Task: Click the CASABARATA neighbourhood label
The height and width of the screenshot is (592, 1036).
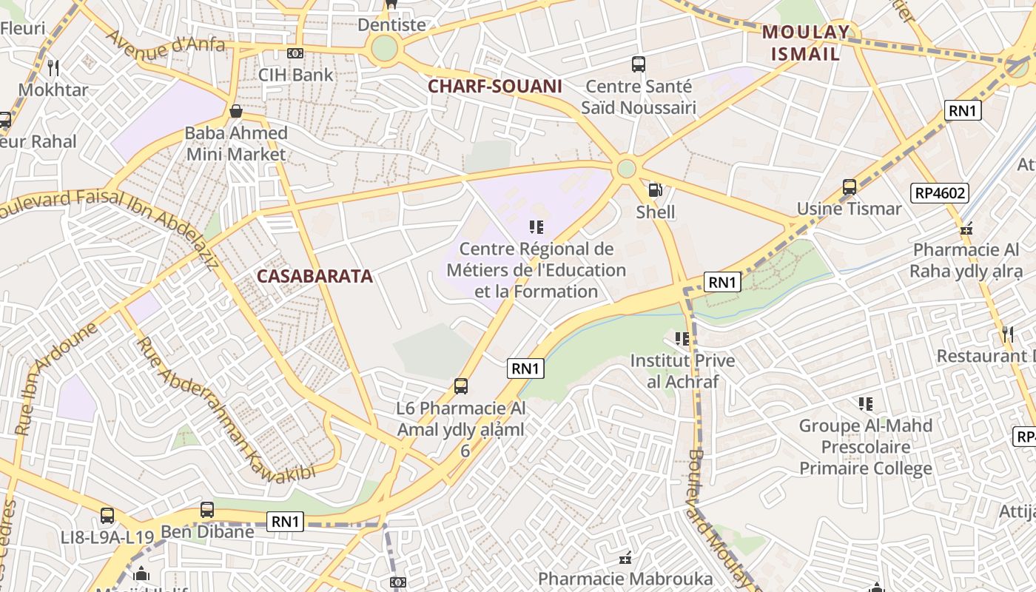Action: pos(314,277)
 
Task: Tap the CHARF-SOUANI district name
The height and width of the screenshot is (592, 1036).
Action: pos(495,87)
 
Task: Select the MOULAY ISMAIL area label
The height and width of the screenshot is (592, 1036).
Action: pos(806,43)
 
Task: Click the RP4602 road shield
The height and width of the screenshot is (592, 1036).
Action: pos(941,194)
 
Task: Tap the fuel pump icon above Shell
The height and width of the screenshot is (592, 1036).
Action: pos(655,190)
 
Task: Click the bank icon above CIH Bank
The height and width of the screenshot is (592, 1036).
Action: pos(295,53)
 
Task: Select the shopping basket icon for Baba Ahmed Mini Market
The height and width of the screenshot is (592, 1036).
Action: pos(236,112)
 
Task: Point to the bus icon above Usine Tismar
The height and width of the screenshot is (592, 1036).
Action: pos(850,187)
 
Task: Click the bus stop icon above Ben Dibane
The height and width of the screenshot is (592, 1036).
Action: pos(207,510)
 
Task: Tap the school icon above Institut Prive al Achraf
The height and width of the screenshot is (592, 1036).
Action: pos(682,339)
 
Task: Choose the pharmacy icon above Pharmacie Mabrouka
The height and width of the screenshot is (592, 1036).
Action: pos(625,557)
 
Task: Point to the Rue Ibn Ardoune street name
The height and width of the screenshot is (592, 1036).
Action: pos(55,377)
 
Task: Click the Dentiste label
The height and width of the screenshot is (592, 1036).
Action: pos(391,25)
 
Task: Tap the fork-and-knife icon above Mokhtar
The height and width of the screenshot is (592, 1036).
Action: pos(53,68)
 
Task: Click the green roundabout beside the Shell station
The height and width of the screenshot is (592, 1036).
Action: pos(626,169)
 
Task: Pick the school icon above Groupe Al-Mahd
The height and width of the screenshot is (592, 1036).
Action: pos(866,404)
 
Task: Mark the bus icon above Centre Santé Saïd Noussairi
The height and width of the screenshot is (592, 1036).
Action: pos(639,64)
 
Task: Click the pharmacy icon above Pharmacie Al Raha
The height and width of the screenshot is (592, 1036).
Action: pos(966,229)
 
